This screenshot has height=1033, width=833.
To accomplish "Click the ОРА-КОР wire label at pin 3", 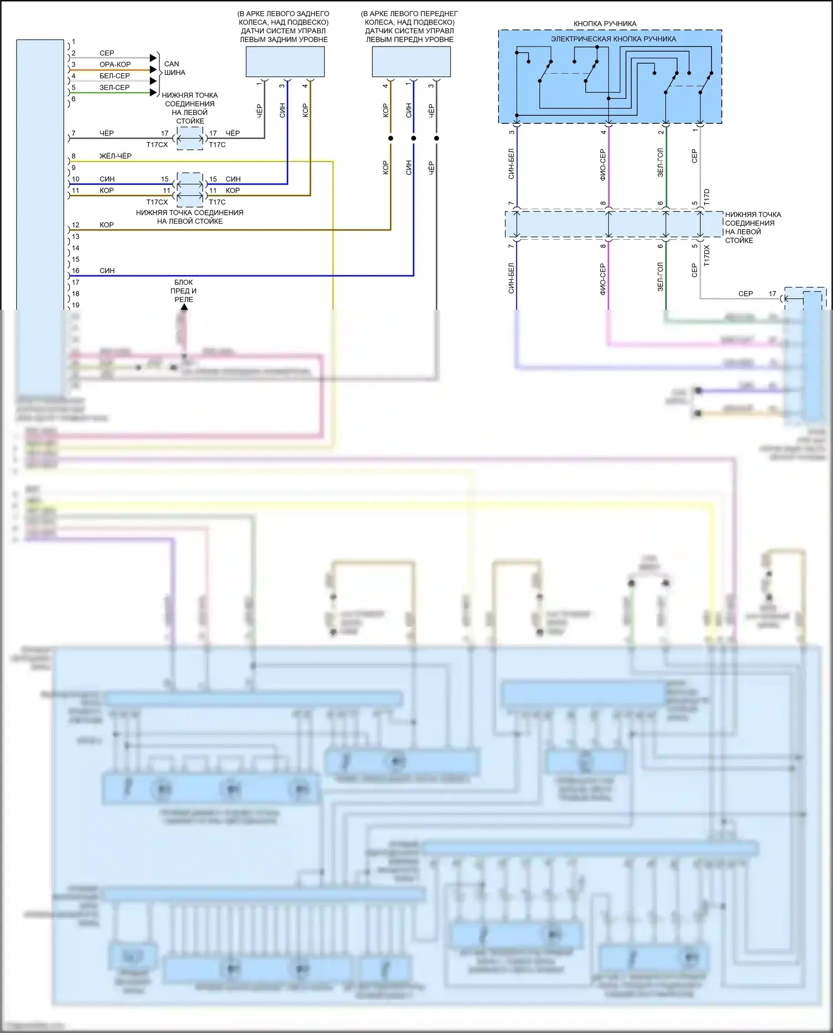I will pyautogui.click(x=115, y=64).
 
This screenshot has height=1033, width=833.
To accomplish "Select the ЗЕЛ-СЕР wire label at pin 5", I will pyautogui.click(x=114, y=88).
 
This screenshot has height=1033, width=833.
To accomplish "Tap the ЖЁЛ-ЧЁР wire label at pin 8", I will pyautogui.click(x=116, y=156).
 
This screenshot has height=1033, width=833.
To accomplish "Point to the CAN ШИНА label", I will pyautogui.click(x=174, y=68).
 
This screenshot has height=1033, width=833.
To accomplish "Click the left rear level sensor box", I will pyautogui.click(x=285, y=62).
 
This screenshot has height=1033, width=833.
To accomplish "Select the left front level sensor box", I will pyautogui.click(x=411, y=62).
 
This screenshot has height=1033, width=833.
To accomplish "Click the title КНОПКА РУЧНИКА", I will pyautogui.click(x=605, y=24).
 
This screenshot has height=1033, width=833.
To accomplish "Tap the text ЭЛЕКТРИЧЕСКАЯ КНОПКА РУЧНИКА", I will pyautogui.click(x=613, y=39).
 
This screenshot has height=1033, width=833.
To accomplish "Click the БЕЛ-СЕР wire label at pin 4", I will pyautogui.click(x=114, y=76).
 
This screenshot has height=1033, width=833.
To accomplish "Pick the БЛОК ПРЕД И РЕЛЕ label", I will pyautogui.click(x=184, y=291).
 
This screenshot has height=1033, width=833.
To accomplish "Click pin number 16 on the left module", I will pyautogui.click(x=76, y=271).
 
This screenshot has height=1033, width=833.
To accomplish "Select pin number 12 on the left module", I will pyautogui.click(x=76, y=225).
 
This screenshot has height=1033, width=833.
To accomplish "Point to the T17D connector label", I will pyautogui.click(x=707, y=198).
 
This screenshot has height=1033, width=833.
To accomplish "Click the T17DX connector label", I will pyautogui.click(x=707, y=256).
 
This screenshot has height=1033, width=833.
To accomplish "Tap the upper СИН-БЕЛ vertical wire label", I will pyautogui.click(x=511, y=163).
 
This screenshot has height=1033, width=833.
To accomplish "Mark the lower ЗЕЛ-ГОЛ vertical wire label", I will pyautogui.click(x=660, y=277).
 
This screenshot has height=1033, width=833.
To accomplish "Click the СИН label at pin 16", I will pyautogui.click(x=107, y=271).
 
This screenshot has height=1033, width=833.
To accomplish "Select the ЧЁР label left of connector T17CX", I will pyautogui.click(x=107, y=133).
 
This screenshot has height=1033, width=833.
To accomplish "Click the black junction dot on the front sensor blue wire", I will pyautogui.click(x=414, y=138).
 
